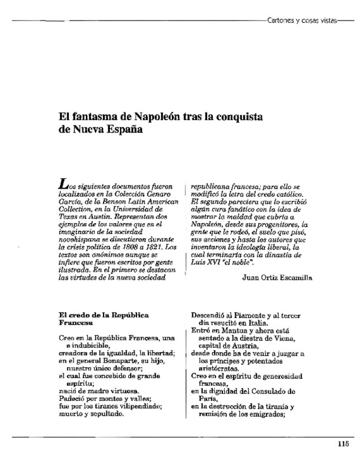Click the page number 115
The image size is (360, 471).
coord(344,445)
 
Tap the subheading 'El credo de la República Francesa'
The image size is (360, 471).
coord(97,319)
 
